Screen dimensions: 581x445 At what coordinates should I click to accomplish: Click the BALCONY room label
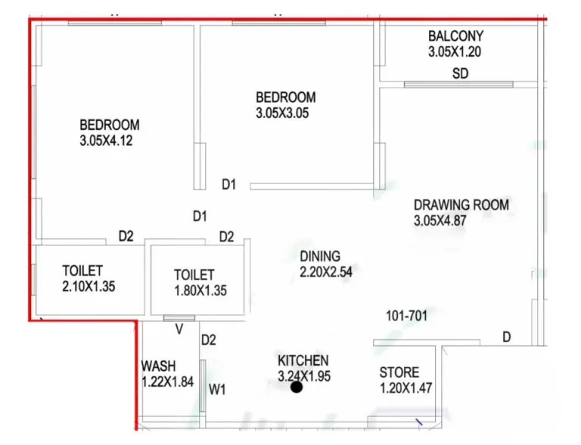tap(455, 36)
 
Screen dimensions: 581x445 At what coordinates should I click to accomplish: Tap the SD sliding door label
tap(460, 73)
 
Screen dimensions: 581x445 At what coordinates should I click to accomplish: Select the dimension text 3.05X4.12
tap(106, 141)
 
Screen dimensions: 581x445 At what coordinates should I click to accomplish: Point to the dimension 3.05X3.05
tap(282, 113)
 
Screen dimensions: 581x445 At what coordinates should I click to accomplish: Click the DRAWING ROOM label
tap(461, 205)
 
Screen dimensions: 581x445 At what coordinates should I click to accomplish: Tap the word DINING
tap(320, 256)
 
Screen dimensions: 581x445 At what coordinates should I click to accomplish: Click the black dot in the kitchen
tap(297, 388)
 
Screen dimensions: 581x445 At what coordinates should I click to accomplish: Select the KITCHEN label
tap(303, 360)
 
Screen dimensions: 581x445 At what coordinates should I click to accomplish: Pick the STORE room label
tap(399, 372)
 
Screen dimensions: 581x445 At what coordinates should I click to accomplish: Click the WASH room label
tap(159, 366)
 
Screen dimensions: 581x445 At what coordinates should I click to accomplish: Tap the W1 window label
tap(217, 389)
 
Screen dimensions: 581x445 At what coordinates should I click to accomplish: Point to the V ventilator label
tap(179, 329)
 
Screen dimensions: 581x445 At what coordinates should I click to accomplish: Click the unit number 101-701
tap(407, 316)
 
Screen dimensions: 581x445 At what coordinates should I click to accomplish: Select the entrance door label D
tap(507, 337)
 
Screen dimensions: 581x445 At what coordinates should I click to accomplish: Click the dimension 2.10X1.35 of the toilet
tap(89, 286)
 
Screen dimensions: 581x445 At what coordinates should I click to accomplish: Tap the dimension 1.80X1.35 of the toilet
tap(200, 290)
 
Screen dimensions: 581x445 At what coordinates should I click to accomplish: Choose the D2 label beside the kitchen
tap(209, 340)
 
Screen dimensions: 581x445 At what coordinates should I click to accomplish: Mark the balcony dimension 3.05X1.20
tap(455, 51)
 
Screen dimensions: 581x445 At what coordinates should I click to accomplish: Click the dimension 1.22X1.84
tap(167, 382)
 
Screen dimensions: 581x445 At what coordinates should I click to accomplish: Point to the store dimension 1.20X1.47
tap(406, 388)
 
